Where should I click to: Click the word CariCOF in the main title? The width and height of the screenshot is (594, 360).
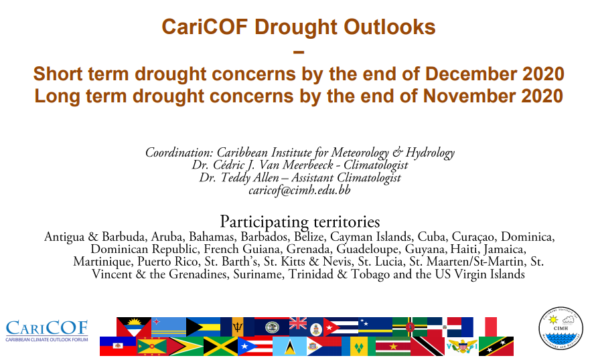(x=205, y=27)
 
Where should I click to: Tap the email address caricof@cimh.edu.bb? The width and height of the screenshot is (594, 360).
(x=299, y=190)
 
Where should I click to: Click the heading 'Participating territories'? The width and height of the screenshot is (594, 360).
(x=299, y=222)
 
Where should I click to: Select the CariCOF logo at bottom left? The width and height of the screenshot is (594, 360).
(x=47, y=331)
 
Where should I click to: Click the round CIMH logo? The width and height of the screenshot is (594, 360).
(x=561, y=328)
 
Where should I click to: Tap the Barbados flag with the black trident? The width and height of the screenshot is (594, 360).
(x=238, y=327)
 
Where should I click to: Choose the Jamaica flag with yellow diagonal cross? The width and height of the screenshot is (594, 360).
(x=220, y=347)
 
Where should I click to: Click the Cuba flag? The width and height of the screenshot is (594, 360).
(x=341, y=327)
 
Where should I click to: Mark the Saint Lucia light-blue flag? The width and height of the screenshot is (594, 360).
(x=290, y=347)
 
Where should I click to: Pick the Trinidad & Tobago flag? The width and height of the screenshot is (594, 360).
(x=428, y=347)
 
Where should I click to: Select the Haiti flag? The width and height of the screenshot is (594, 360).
(x=118, y=347)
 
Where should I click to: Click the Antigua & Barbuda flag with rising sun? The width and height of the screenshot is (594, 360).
(x=134, y=327)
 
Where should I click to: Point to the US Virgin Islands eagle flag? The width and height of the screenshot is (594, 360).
(x=462, y=347)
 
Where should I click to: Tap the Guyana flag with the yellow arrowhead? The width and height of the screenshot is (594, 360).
(x=186, y=347)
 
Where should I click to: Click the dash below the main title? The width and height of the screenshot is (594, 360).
(x=299, y=52)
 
